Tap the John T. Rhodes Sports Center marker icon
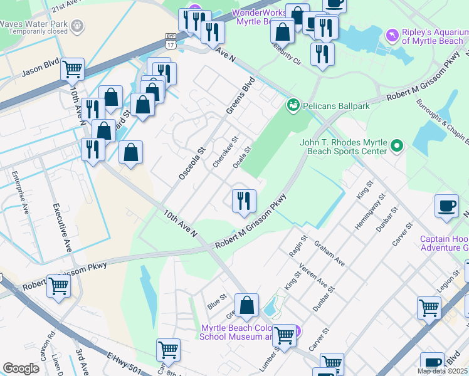(396, 147)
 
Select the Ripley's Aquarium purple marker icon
(393, 34)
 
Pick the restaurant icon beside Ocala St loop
(244, 201)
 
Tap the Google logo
(21, 368)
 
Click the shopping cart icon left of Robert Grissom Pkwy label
(58, 286)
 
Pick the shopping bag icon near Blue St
(248, 306)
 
